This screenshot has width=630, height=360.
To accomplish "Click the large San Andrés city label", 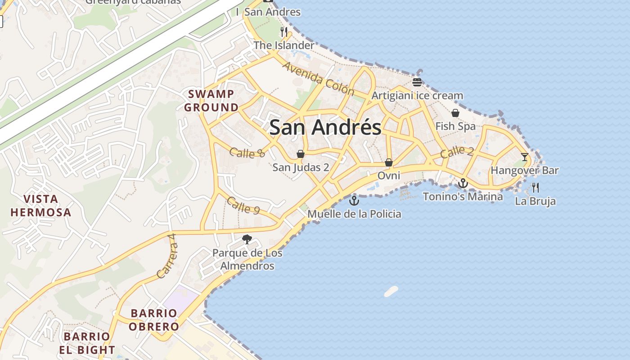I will click(x=325, y=127).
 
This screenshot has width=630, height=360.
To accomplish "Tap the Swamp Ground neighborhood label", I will click(x=211, y=101).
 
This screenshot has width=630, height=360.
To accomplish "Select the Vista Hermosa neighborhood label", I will click(x=41, y=206).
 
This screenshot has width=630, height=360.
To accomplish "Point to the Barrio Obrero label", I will click(x=154, y=320).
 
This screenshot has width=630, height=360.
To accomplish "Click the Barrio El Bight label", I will click(x=87, y=343).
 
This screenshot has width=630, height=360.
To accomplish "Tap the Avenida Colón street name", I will click(x=318, y=79).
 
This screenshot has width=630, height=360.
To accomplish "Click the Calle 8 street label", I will click(x=247, y=153).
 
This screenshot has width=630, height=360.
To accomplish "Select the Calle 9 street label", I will click(x=243, y=206).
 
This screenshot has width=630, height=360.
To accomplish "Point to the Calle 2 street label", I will click(x=457, y=152).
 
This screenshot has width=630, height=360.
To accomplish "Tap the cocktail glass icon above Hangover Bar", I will click(x=525, y=157).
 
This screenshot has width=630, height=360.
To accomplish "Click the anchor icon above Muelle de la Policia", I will click(x=354, y=201).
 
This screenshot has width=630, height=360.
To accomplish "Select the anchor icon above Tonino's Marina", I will click(x=463, y=183).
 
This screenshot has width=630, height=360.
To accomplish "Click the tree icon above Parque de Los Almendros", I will click(x=247, y=239).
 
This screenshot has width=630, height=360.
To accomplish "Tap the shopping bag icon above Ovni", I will click(x=389, y=162).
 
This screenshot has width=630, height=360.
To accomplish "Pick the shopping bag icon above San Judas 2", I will click(x=301, y=154).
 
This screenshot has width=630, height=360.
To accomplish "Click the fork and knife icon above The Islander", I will click(x=283, y=31).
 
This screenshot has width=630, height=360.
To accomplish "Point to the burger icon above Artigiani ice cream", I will click(x=417, y=82).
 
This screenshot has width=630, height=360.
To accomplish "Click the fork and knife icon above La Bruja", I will click(x=535, y=188).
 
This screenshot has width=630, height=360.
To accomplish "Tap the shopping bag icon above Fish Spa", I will click(x=455, y=113).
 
